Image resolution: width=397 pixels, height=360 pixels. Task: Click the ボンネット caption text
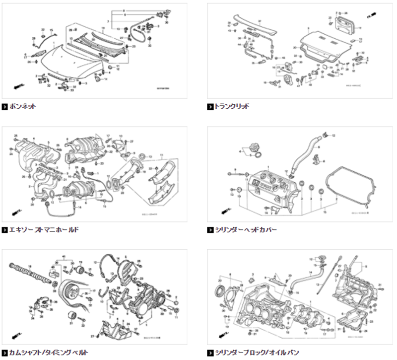pyautogui.click(x=23, y=106)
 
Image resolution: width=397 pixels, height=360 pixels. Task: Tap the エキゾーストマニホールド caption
pyautogui.click(x=44, y=230)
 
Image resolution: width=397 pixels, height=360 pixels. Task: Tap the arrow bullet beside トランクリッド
pyautogui.click(x=209, y=106)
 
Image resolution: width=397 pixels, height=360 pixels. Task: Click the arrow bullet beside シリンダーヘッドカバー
pyautogui.click(x=209, y=230)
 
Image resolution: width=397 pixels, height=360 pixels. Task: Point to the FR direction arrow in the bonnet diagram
pyautogui.click(x=18, y=86)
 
